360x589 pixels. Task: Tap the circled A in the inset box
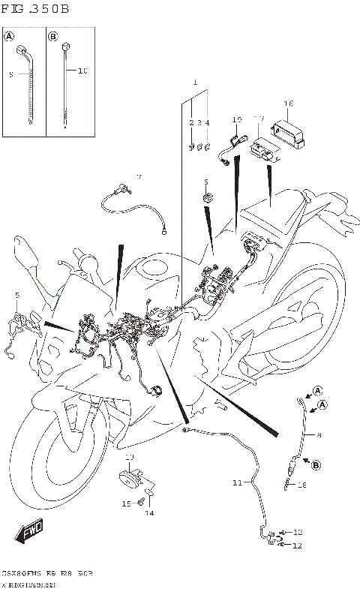10,36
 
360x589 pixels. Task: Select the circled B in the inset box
53,36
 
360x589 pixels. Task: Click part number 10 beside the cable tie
82,71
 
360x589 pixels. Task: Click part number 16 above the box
288,104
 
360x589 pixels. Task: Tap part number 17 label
259,119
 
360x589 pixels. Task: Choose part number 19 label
237,119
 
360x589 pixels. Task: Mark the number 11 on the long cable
237,483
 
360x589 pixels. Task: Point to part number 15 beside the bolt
126,503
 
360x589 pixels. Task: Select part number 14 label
149,513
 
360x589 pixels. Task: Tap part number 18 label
302,485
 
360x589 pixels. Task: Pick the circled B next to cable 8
316,465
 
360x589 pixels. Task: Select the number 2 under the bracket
191,122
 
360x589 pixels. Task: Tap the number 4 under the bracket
208,122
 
